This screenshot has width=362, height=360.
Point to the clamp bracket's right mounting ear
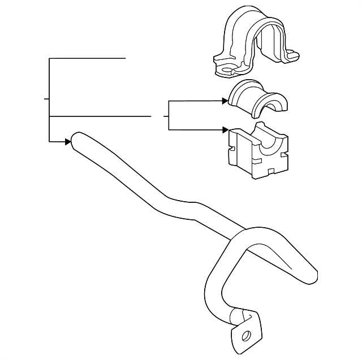pyautogui.click(x=291, y=56)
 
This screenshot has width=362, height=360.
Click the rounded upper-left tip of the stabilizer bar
pyautogui.click(x=76, y=138)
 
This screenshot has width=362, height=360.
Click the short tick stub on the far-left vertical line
pyautogui.click(x=47, y=98)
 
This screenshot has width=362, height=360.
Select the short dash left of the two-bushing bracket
pyautogui.click(x=165, y=116)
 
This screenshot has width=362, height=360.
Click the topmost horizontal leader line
pyautogui.click(x=88, y=58)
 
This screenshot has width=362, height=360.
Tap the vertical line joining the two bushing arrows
pyautogui.click(x=169, y=116)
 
